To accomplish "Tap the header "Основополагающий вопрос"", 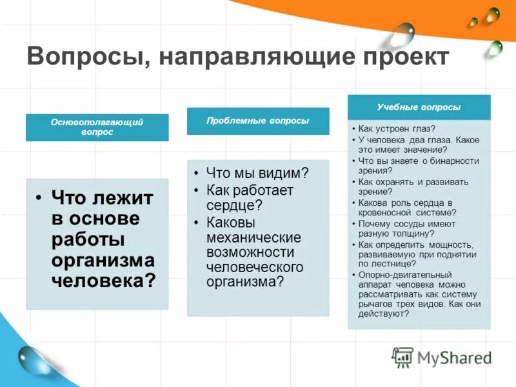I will click(x=97, y=127).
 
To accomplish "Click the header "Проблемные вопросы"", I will click(x=258, y=121).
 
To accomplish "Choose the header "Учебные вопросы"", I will click(x=419, y=107).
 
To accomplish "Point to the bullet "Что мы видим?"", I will click(x=257, y=173).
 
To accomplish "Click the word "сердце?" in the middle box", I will click(x=234, y=206).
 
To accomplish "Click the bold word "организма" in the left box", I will click(x=103, y=260).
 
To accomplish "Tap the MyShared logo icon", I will click(x=402, y=357).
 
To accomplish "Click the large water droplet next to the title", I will click(x=403, y=34).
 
